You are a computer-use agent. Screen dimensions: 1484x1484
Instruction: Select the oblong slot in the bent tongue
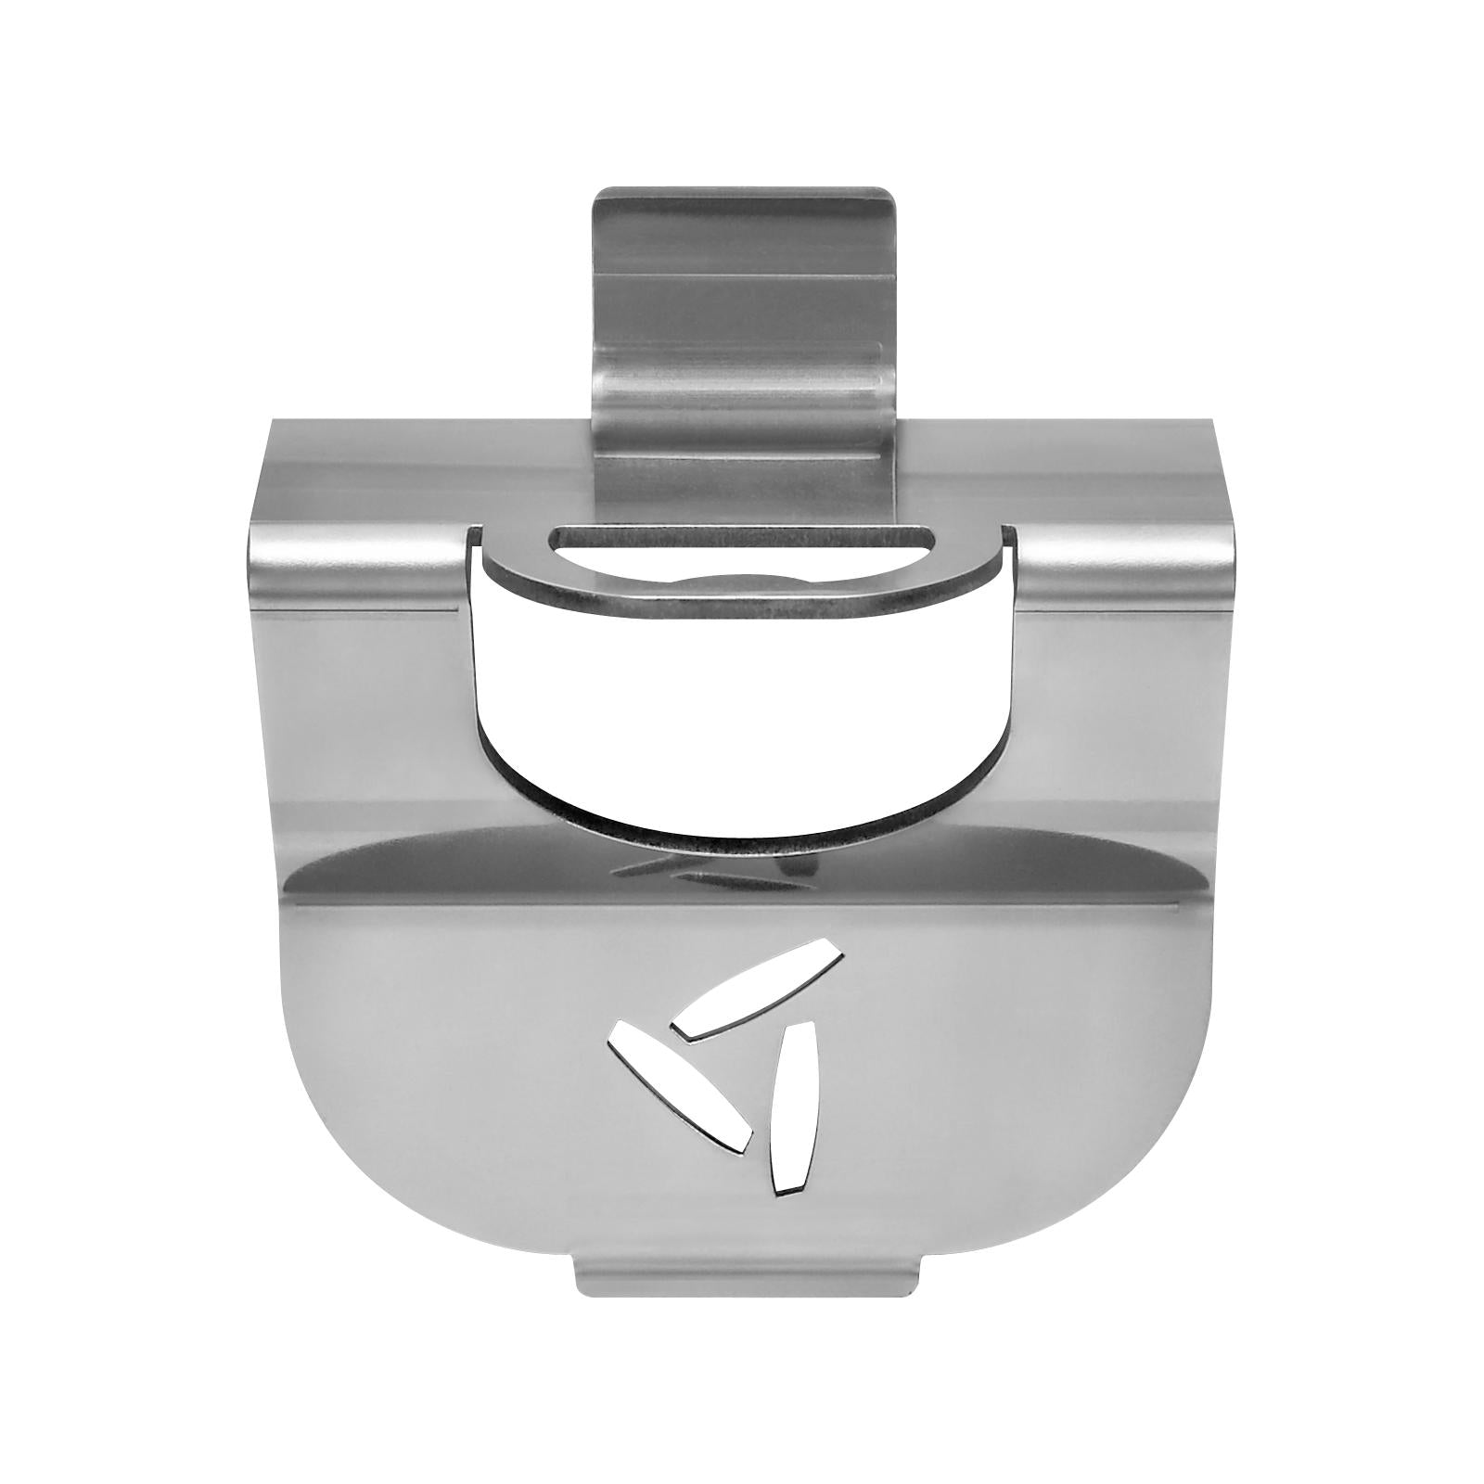point(741,539)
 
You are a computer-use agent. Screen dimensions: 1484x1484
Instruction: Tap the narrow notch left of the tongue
point(475,535)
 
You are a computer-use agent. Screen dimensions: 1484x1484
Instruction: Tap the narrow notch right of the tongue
point(1008,535)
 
